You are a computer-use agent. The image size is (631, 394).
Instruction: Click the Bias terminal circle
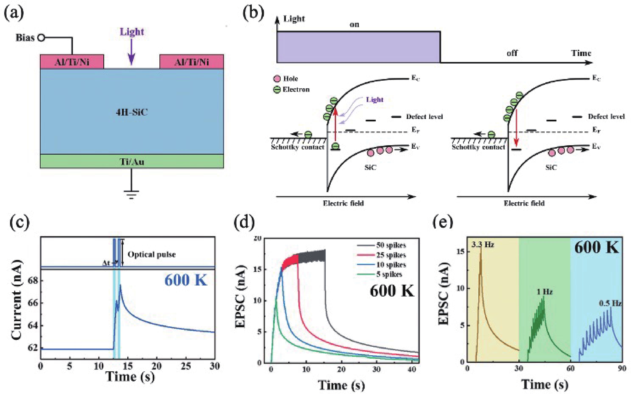(x=41, y=38)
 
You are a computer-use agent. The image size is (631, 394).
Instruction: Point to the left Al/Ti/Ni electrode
(x=72, y=62)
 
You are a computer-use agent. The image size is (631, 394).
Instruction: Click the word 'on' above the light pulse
(x=354, y=25)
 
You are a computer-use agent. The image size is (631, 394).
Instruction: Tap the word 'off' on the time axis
(x=512, y=53)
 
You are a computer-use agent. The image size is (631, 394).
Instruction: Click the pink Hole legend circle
(x=277, y=78)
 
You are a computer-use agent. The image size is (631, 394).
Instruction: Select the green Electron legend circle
(x=277, y=90)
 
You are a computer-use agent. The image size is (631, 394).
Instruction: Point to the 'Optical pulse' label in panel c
(x=151, y=255)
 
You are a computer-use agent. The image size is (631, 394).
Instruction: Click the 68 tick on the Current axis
(x=33, y=281)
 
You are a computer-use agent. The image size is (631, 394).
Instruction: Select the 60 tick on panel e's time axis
(x=570, y=369)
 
